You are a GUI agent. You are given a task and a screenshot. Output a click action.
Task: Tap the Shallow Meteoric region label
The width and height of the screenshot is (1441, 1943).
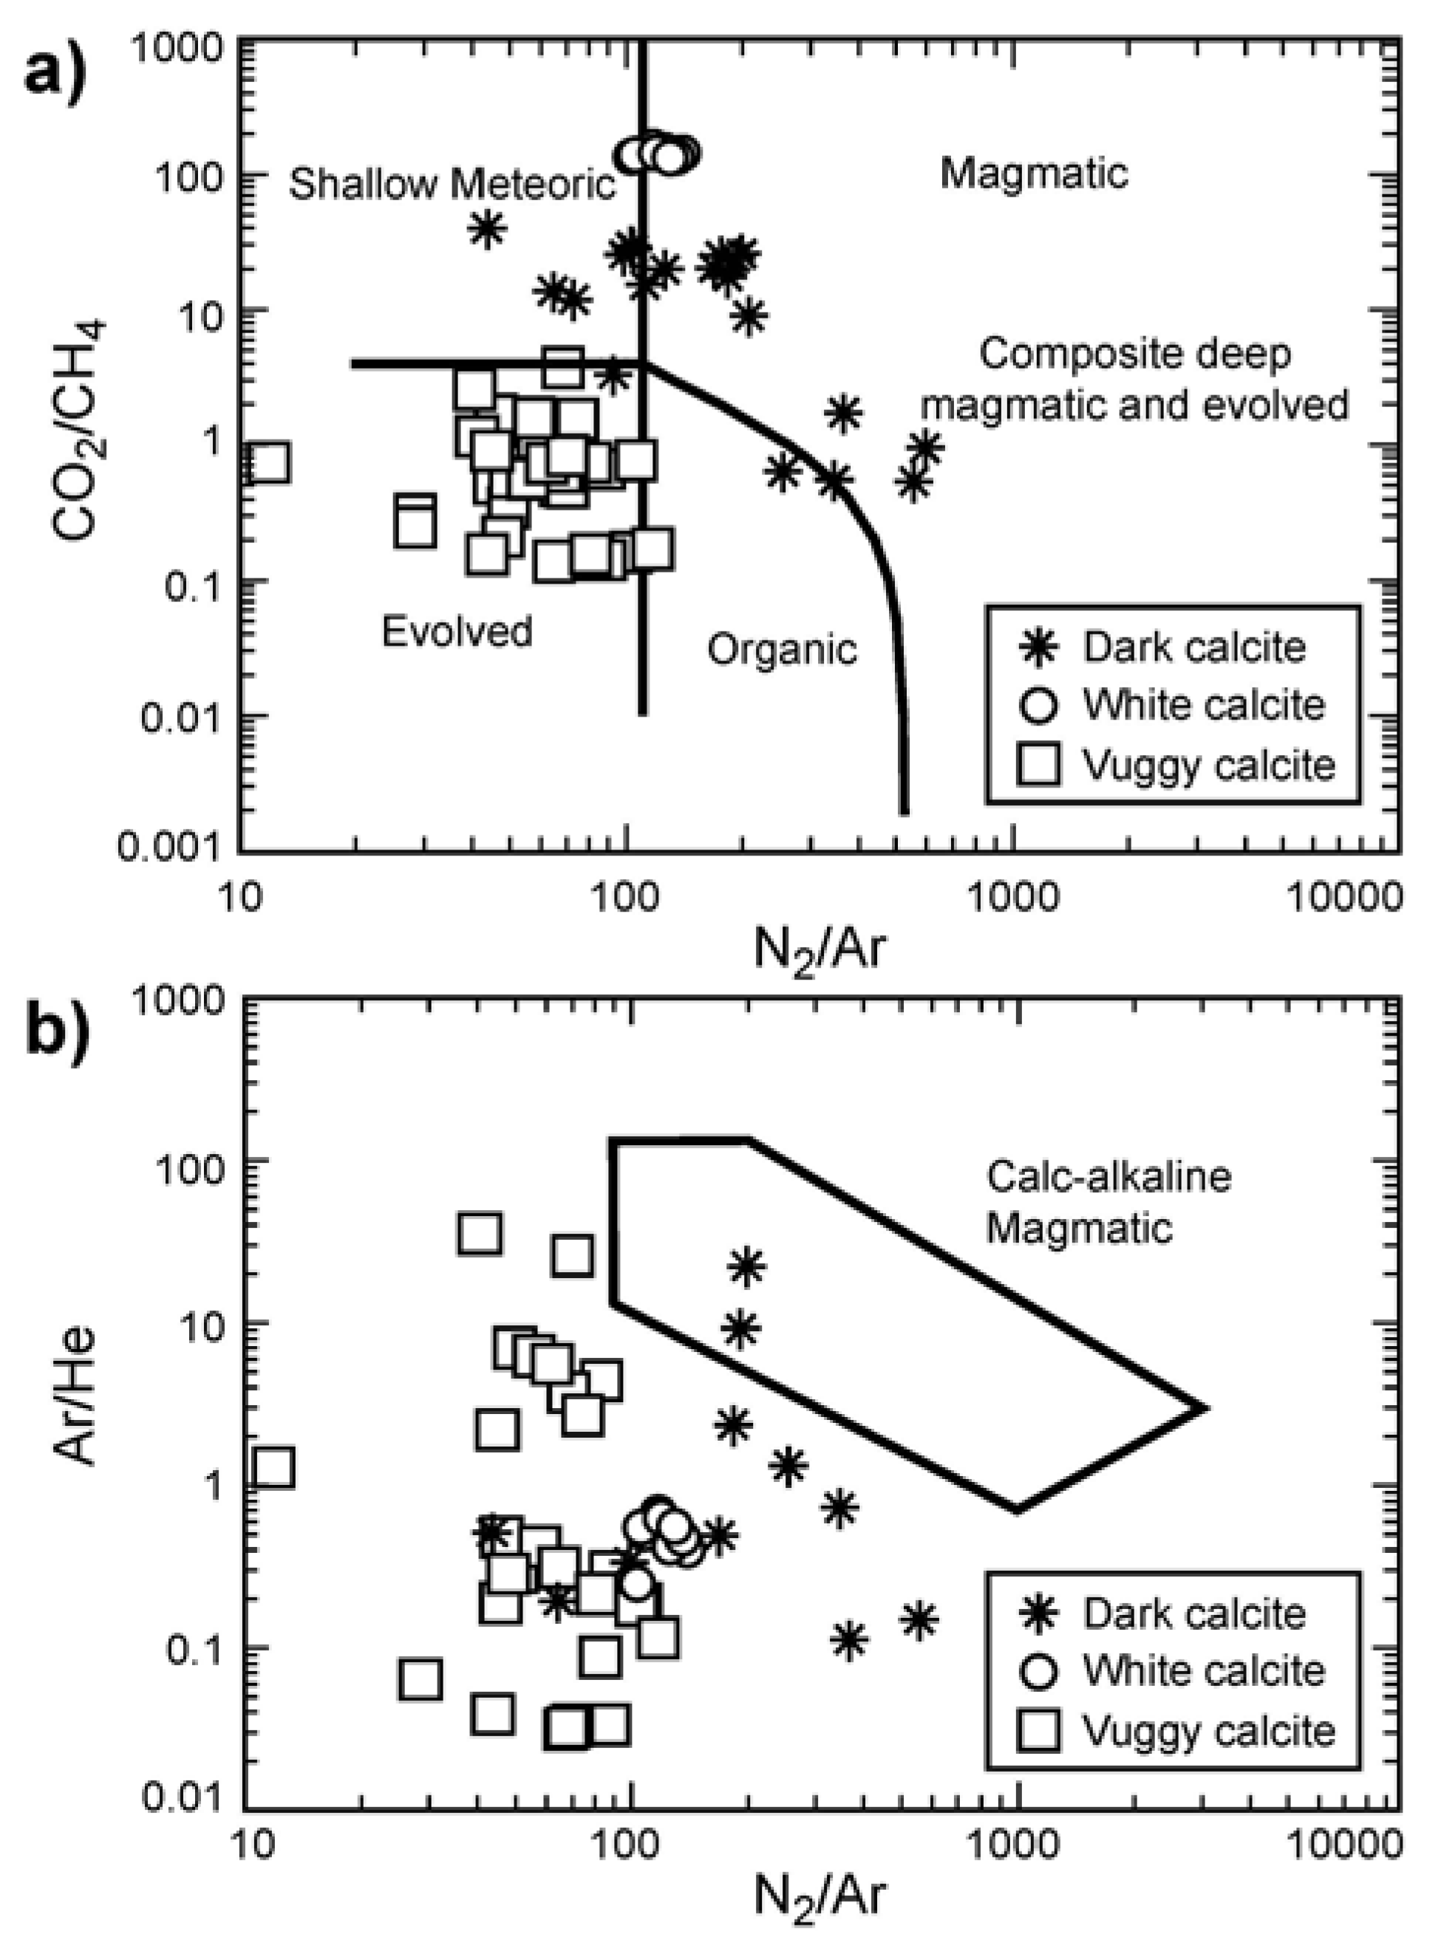click(x=452, y=184)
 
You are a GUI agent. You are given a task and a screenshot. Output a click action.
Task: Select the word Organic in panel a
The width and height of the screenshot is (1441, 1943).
click(x=782, y=649)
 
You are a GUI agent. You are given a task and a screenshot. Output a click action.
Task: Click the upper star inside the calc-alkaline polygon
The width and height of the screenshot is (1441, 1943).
click(x=746, y=1266)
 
